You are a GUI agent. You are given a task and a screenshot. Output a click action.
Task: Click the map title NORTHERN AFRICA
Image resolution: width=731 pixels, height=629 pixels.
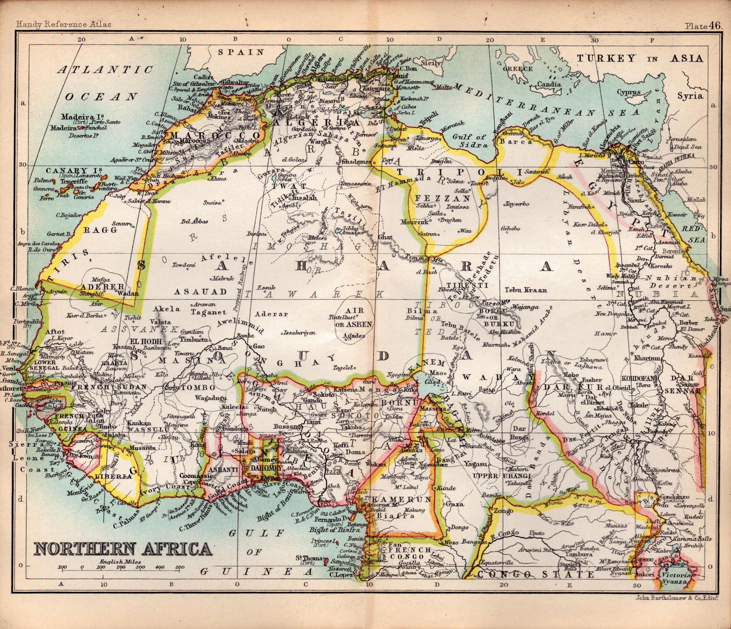tap(123, 549)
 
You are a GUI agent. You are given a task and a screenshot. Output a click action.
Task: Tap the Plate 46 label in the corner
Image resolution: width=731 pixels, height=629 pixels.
tap(703, 26)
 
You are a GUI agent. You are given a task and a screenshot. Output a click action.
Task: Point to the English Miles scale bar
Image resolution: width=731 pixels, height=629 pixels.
tap(121, 568)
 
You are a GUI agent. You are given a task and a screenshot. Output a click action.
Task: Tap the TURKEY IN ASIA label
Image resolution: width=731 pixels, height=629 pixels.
tap(640, 59)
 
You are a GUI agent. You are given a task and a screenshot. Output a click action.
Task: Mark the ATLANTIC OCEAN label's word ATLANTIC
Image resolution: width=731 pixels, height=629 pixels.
tap(106, 69)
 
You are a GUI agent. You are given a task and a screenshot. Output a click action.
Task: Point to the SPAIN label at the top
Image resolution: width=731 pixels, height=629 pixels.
tap(241, 52)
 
